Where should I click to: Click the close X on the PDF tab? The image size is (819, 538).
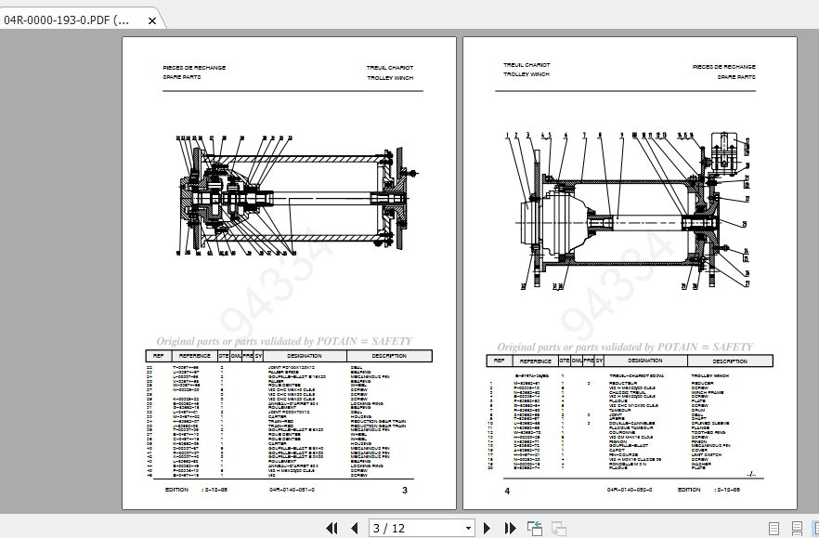[x=153, y=20]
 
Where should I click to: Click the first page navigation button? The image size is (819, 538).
[x=331, y=528]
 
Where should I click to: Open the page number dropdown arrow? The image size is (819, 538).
[x=468, y=528]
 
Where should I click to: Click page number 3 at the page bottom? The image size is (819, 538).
[x=404, y=490]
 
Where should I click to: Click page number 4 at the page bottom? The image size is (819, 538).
[x=507, y=490]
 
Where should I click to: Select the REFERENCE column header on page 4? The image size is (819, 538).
[x=536, y=361]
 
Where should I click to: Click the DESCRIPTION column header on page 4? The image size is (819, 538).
[x=730, y=361]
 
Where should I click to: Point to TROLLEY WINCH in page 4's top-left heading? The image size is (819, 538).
[x=526, y=73]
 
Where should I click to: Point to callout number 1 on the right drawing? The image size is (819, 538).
[x=508, y=136]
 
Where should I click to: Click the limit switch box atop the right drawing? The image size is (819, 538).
[x=725, y=151]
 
